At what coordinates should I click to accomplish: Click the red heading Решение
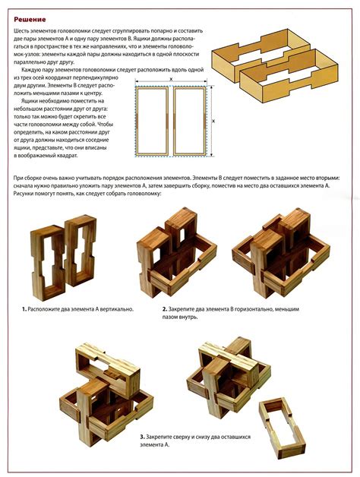pos(30,20)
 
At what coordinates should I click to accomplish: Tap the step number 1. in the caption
pos(24,309)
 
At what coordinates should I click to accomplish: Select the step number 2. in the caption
pos(165,309)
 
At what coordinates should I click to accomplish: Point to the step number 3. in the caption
pos(142,437)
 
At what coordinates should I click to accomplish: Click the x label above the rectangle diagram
pos(171,79)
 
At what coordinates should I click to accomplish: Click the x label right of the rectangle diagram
pos(213,121)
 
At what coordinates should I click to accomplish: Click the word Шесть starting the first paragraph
pos(21,30)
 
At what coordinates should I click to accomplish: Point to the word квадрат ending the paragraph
pos(68,156)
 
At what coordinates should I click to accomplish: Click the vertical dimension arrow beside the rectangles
pos(211,121)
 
